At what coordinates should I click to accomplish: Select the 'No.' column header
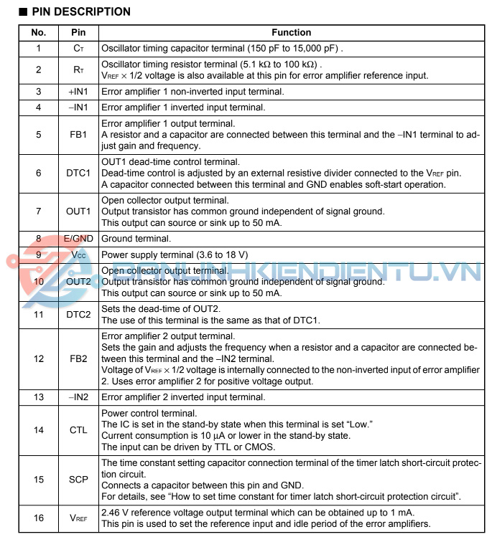coord(38,32)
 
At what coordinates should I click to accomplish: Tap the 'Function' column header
coord(291,32)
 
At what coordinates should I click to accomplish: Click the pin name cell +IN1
coord(78,92)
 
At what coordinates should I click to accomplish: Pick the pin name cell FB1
coord(78,134)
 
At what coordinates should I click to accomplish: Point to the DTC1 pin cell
coord(78,173)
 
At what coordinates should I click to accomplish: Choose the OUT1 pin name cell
coord(78,211)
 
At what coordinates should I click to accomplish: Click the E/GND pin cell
coord(78,239)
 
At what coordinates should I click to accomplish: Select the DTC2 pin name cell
coord(78,314)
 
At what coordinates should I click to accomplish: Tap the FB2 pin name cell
coord(78,358)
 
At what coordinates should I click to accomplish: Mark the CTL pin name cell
coord(78,429)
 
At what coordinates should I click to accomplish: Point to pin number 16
coord(38,517)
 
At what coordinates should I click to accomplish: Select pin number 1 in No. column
coord(38,49)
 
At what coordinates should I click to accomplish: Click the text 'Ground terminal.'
coord(136,239)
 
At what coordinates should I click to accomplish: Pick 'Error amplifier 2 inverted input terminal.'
coord(183,396)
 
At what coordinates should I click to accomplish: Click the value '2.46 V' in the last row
coord(115,512)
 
